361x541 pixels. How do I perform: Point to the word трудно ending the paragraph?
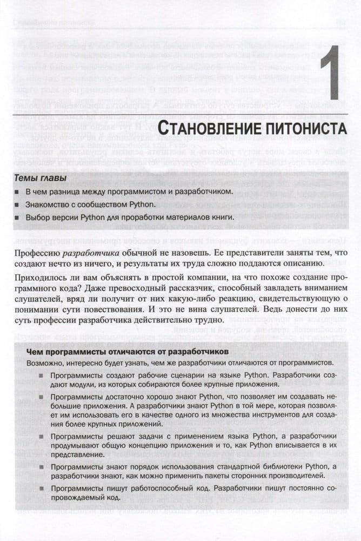209,320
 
